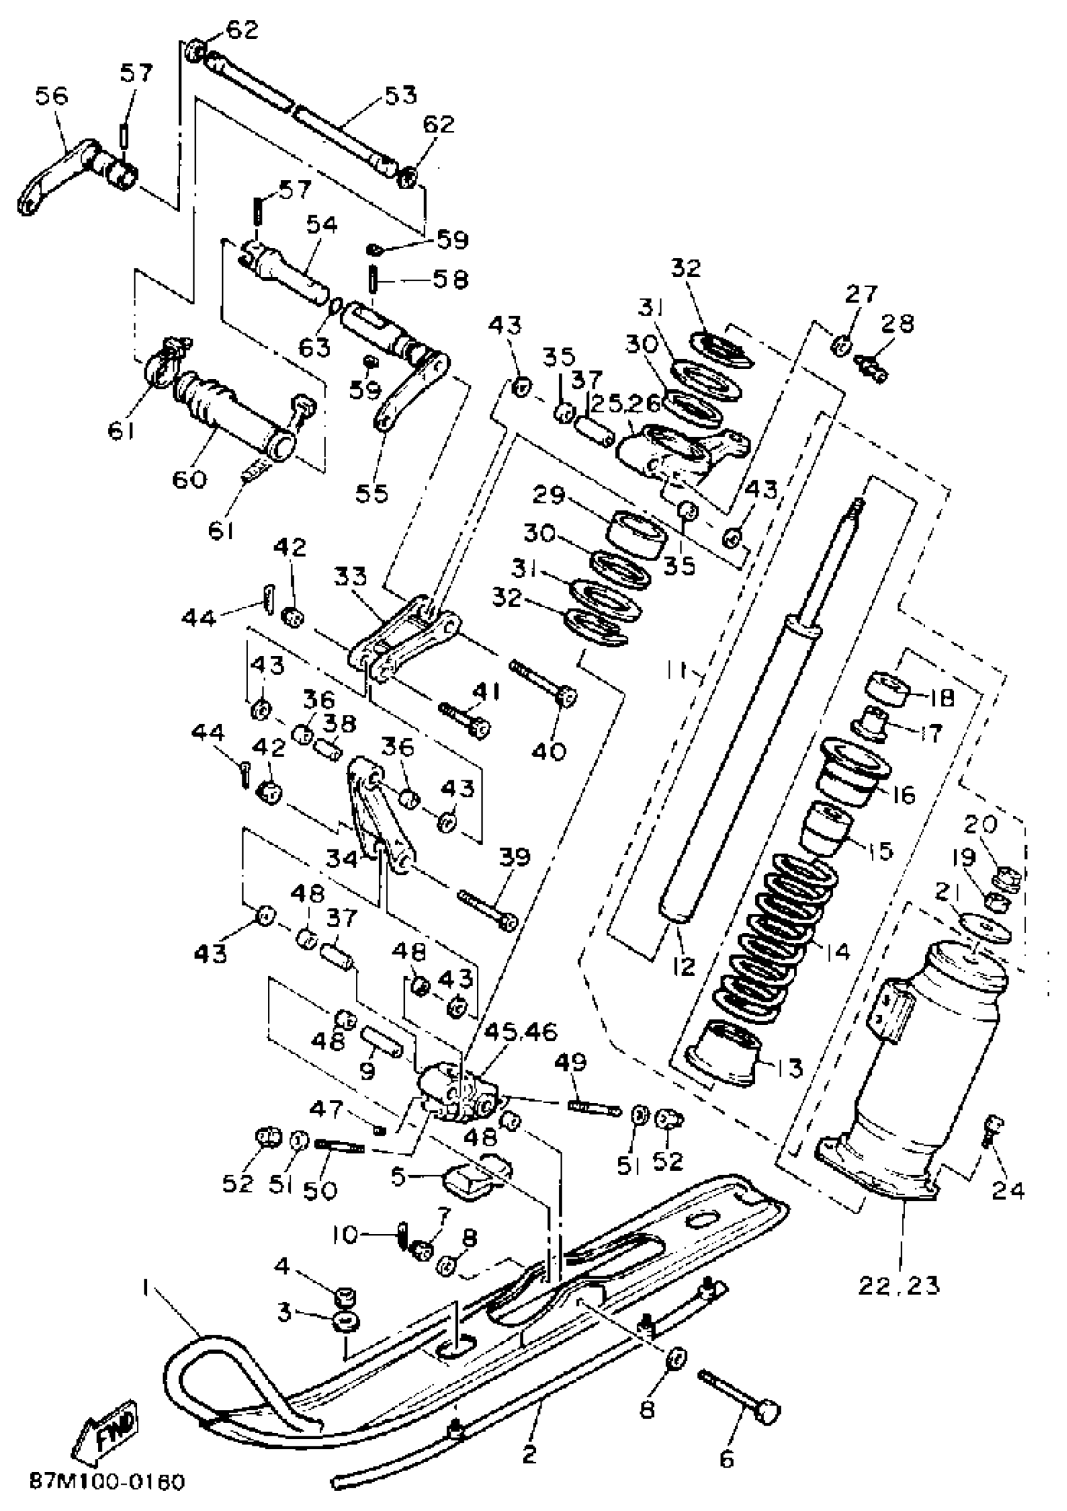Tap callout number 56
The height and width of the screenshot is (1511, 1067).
[x=51, y=97]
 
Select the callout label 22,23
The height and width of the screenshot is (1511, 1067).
[x=899, y=1284]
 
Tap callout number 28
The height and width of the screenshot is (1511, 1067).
[x=898, y=324]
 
